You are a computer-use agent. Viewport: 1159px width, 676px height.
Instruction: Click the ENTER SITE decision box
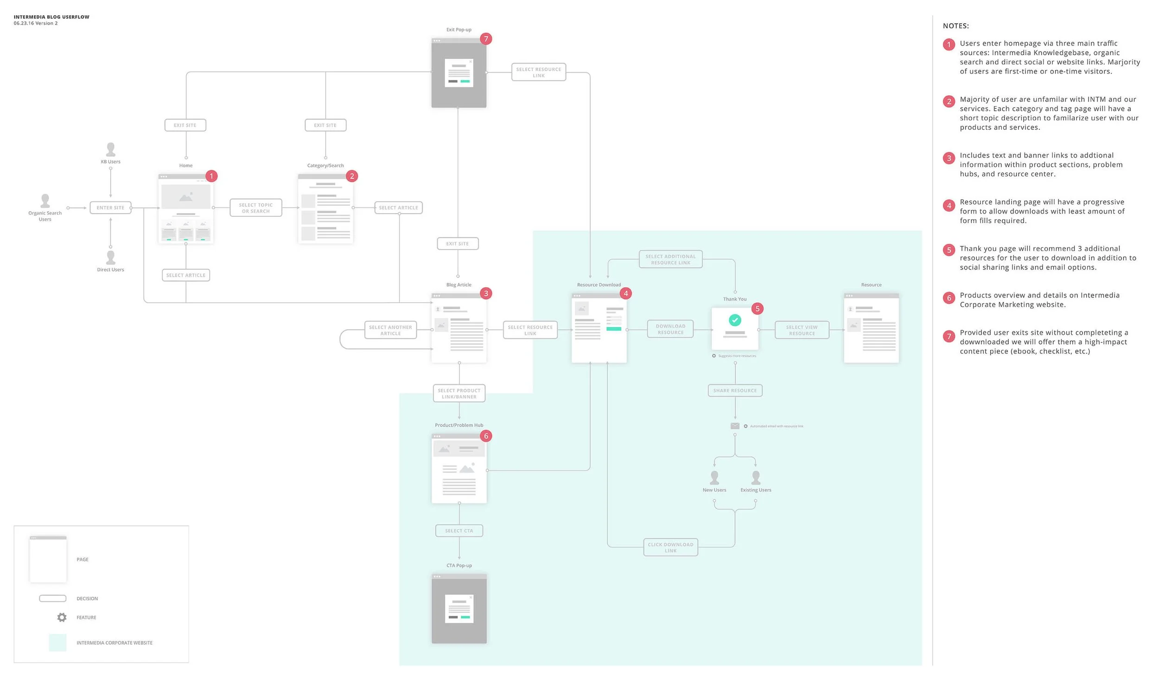pyautogui.click(x=110, y=208)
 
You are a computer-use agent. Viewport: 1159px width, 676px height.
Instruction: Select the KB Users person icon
pyautogui.click(x=110, y=149)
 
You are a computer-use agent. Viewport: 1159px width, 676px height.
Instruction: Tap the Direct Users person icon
pyautogui.click(x=110, y=257)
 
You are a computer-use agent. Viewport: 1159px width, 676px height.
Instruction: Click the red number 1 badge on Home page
pyautogui.click(x=211, y=176)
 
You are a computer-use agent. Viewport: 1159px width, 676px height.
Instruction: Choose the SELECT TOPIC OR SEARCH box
pyautogui.click(x=255, y=208)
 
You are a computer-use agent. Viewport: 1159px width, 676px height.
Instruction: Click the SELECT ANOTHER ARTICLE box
pyautogui.click(x=390, y=330)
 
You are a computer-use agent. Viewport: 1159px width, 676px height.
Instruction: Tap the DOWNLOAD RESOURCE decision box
pyautogui.click(x=670, y=329)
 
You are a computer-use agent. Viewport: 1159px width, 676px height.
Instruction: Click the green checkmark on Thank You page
pyautogui.click(x=735, y=320)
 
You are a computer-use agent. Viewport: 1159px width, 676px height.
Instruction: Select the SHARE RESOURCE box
pyautogui.click(x=735, y=391)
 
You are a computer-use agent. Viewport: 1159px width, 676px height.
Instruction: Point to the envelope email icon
pyautogui.click(x=735, y=426)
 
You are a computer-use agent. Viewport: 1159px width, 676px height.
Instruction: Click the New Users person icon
pyautogui.click(x=714, y=477)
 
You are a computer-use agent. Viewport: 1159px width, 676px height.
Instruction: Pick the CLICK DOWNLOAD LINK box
pyautogui.click(x=670, y=547)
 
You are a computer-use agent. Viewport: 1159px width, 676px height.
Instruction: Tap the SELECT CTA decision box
pyautogui.click(x=459, y=531)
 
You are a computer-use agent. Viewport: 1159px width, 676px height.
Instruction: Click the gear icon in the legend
pyautogui.click(x=62, y=617)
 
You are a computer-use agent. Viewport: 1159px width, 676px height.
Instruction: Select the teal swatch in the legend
pyautogui.click(x=57, y=643)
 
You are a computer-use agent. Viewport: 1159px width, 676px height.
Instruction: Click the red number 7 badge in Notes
pyautogui.click(x=949, y=336)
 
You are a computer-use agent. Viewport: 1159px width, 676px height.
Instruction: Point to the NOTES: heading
pyautogui.click(x=955, y=26)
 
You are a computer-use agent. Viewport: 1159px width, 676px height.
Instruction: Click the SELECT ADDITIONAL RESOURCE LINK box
pyautogui.click(x=670, y=259)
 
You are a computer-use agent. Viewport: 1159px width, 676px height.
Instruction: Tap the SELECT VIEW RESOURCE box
pyautogui.click(x=802, y=330)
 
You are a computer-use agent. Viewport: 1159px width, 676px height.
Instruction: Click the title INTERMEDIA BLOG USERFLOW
pyautogui.click(x=51, y=17)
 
